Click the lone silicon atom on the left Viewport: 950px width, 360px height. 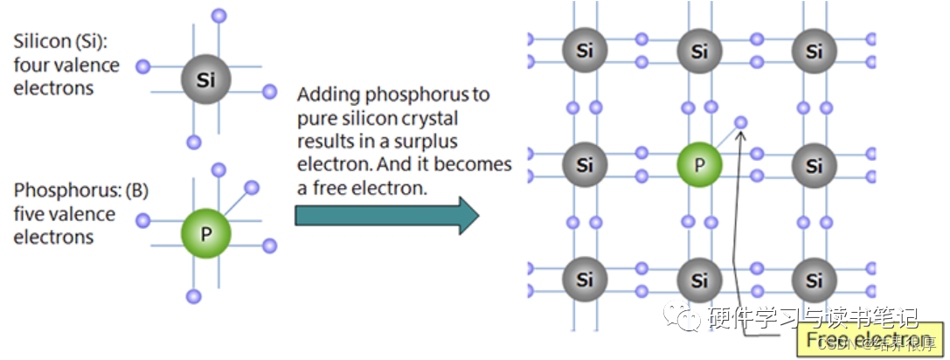205,80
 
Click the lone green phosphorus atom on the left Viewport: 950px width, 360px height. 205,233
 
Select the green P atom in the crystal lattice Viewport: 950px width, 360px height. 699,165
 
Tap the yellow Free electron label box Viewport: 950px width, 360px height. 865,340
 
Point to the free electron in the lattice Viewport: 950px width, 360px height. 741,123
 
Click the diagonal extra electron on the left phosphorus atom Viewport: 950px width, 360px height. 252,188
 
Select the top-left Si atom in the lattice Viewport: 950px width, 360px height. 585,52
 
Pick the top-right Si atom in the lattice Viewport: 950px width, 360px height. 815,52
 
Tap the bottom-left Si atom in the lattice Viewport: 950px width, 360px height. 585,280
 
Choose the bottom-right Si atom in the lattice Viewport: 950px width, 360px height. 815,280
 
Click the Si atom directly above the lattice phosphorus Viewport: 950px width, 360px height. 699,52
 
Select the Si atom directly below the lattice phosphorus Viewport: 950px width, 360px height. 699,280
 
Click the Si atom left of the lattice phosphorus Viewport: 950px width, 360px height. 585,165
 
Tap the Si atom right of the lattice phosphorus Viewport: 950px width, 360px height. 815,165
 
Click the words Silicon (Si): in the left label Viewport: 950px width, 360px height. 62,41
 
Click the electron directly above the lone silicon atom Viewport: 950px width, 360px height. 219,16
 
